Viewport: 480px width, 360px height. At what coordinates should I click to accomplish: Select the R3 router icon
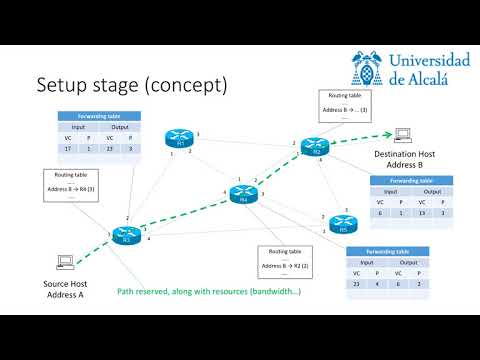[127, 236]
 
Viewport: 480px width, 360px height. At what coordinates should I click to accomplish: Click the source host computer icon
[66, 262]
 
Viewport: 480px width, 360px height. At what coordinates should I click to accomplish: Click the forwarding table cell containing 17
[68, 147]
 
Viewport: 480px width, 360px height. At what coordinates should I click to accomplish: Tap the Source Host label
[66, 285]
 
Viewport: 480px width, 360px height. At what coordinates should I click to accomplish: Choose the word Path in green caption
[127, 292]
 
